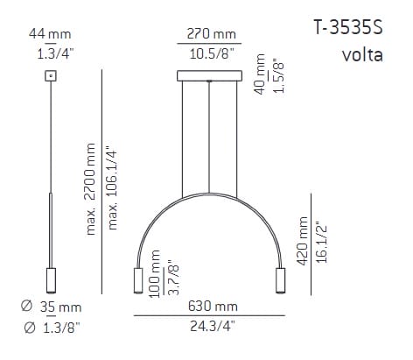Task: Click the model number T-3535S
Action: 347,28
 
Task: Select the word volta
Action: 362,55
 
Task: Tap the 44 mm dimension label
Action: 50,34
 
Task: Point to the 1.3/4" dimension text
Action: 55,53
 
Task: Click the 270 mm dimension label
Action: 211,34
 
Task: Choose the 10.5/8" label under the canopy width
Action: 212,54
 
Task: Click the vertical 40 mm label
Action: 260,74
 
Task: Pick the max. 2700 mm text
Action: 90,189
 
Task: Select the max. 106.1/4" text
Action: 112,189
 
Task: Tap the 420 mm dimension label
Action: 303,241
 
